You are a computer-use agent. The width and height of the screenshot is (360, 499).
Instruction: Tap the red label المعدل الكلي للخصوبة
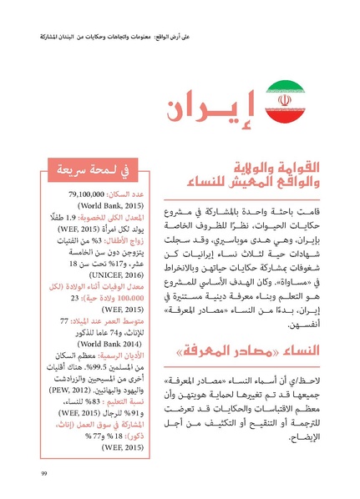(x=99, y=214)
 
